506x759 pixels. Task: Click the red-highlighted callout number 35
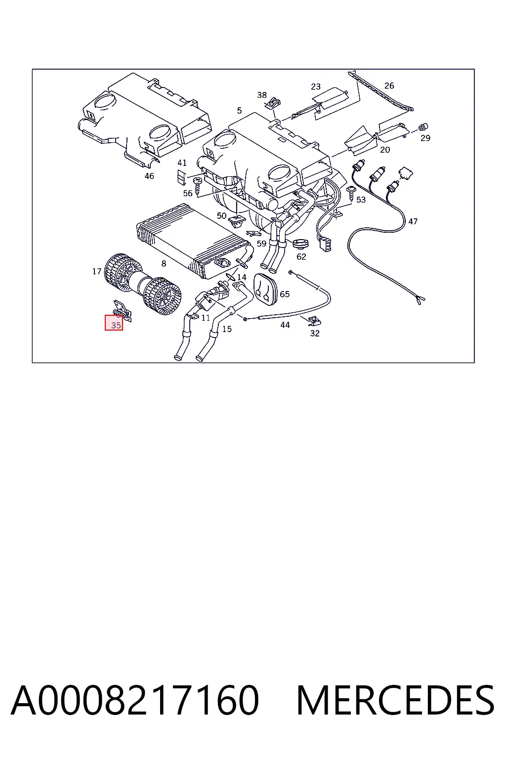pos(116,325)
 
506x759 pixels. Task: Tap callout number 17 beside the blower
pos(97,271)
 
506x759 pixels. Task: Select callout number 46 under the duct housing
pos(149,176)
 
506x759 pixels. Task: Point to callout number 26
pos(389,85)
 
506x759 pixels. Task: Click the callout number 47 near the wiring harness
pos(413,221)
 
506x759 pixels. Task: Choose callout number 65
pos(285,294)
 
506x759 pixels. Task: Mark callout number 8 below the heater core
pos(164,263)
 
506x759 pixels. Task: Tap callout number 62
pos(301,257)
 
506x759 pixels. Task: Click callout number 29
pos(425,138)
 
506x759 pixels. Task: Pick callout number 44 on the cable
pos(285,325)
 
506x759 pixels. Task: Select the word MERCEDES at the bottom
pos(395,700)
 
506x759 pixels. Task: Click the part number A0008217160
pos(135,700)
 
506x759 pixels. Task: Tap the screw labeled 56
pos(198,186)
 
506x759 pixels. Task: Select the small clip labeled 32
pos(315,321)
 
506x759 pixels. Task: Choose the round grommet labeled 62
pos(300,243)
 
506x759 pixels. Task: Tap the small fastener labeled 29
pos(422,127)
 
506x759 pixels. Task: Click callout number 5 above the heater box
pos(239,111)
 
